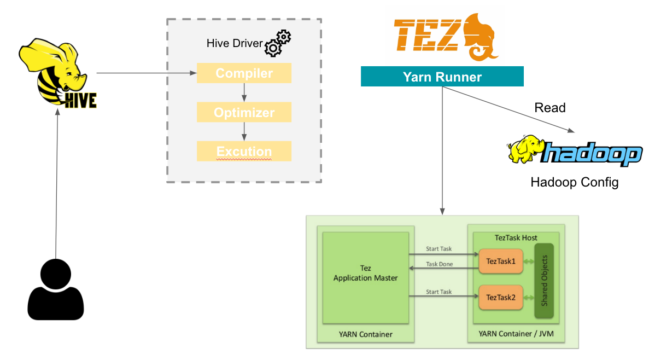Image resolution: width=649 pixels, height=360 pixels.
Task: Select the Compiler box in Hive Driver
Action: tap(244, 73)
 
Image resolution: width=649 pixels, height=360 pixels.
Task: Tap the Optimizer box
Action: tap(244, 112)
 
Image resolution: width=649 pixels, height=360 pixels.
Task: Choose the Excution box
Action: tap(244, 151)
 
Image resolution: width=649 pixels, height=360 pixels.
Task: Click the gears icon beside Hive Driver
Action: tap(278, 43)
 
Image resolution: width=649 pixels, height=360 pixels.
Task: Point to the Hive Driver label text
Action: tap(235, 43)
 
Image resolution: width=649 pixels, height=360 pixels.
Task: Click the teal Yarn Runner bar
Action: tap(442, 77)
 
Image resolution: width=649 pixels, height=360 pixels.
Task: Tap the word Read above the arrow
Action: tap(549, 108)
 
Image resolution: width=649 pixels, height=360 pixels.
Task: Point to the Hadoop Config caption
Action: tap(574, 182)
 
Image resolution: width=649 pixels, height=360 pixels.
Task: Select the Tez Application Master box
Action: tap(365, 277)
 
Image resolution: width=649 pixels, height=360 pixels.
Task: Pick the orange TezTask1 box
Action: tap(498, 262)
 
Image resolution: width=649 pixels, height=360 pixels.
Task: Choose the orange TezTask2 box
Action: tap(498, 298)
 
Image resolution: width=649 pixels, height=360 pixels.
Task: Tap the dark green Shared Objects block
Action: tap(544, 281)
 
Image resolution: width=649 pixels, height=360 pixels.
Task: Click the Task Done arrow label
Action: tap(439, 264)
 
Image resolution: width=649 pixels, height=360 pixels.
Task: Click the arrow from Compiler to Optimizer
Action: tap(244, 92)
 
